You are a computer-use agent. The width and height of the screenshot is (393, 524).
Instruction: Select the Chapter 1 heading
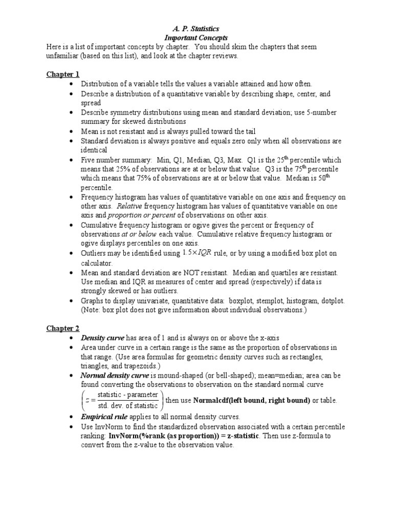(x=60, y=74)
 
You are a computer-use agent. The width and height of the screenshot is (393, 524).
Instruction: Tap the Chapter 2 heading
(x=60, y=328)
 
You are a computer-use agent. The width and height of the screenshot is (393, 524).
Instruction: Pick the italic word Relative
(x=129, y=206)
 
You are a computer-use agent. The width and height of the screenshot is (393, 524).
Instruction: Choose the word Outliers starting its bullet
(x=95, y=253)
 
